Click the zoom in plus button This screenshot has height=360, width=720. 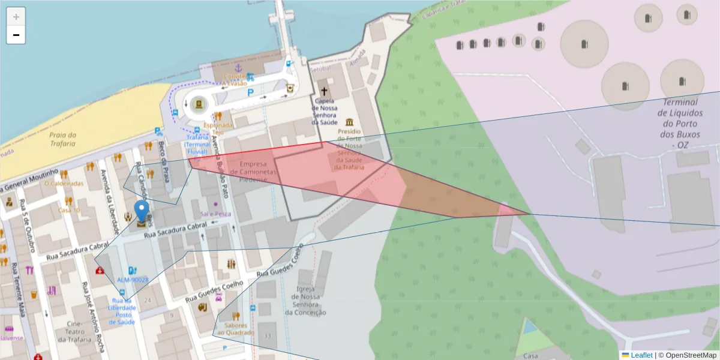16,16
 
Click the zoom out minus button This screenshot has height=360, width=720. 16,35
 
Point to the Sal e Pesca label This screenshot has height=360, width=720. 216,214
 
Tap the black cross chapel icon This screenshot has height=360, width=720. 325,92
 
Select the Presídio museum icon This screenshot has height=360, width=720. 349,122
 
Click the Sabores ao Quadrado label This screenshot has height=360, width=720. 236,328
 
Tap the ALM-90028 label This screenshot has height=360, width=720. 133,280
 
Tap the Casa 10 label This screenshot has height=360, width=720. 68,210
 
